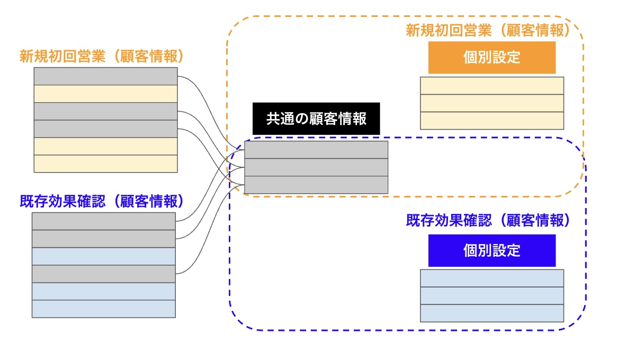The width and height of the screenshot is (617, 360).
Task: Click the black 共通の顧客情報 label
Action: tap(316, 119)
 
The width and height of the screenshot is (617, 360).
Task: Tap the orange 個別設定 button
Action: tap(491, 58)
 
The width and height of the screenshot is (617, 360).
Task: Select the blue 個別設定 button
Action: tap(491, 250)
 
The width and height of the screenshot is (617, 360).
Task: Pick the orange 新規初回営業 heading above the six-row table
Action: tap(102, 56)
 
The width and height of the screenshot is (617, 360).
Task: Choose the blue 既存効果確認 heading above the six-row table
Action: tap(102, 201)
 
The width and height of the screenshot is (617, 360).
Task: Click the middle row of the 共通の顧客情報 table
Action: tap(316, 167)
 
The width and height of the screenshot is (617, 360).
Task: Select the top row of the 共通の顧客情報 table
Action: tap(316, 150)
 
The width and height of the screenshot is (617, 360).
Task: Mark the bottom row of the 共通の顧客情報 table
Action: tap(316, 185)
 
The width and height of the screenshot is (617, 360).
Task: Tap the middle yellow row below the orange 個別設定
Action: tap(491, 103)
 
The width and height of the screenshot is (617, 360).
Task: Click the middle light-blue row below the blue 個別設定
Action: tap(491, 295)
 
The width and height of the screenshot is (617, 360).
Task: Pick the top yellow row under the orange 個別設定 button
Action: tap(491, 86)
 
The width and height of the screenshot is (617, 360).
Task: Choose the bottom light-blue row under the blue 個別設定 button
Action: tap(491, 313)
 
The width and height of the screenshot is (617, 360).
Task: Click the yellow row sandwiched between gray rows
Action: tap(105, 94)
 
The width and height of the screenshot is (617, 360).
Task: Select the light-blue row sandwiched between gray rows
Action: tap(103, 256)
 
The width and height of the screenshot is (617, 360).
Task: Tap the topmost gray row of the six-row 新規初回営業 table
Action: tap(105, 76)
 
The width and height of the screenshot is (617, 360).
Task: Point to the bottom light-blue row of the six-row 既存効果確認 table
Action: tap(103, 309)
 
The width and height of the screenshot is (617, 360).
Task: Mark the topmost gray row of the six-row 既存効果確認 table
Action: tap(103, 221)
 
